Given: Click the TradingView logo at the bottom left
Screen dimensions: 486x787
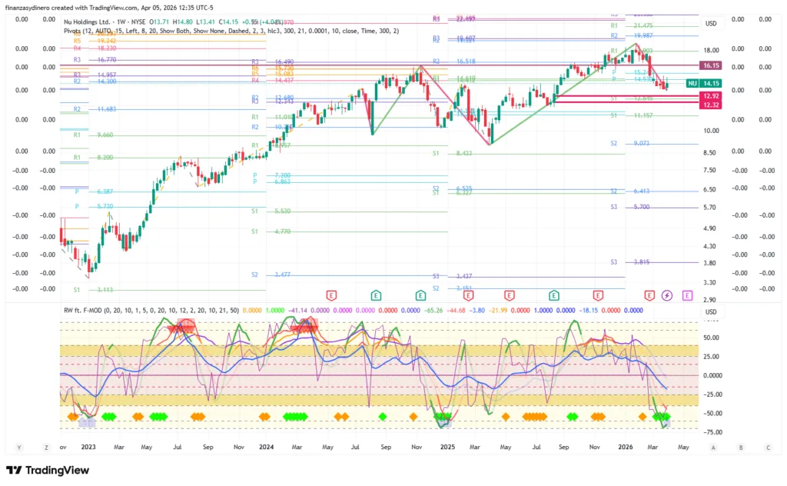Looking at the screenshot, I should point(48,471).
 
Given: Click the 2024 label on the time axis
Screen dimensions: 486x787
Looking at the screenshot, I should point(267,446).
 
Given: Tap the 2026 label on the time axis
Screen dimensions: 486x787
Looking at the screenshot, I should point(626,446).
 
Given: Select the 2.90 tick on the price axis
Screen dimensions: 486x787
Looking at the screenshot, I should point(709,301).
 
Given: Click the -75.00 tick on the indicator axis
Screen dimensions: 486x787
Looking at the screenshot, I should point(709,433).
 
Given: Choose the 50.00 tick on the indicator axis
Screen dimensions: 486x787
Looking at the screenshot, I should point(709,337).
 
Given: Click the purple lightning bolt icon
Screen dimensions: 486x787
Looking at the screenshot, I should point(666,295).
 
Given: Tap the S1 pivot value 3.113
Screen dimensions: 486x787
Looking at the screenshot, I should point(105,290).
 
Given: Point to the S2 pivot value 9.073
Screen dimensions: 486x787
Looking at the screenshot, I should point(642,144).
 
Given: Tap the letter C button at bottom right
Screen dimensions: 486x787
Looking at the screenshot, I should point(767,447).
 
